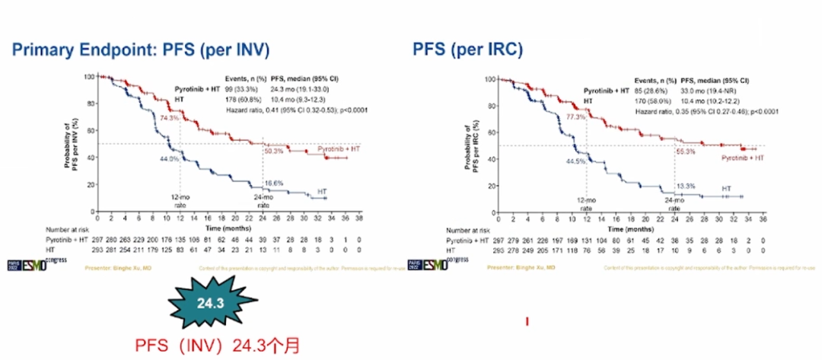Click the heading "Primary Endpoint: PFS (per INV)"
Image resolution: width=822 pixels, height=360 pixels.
[141, 50]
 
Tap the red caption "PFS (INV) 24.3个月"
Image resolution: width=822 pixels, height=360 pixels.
[214, 346]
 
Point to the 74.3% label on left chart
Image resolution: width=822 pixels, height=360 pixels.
[169, 118]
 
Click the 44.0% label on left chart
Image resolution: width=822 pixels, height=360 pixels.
[168, 159]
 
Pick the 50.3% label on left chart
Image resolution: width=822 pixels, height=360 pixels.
[273, 151]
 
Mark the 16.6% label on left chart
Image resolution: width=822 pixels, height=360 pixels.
[275, 183]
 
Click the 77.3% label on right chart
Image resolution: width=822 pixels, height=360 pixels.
[576, 117]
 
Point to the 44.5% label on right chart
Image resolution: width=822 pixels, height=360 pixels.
[577, 161]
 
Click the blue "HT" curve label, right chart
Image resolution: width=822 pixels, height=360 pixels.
[726, 187]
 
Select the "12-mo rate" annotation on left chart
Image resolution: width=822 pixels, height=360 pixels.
[180, 201]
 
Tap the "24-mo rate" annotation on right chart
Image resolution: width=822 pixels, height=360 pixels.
[674, 205]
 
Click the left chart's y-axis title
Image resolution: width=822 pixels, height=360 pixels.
[73, 142]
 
